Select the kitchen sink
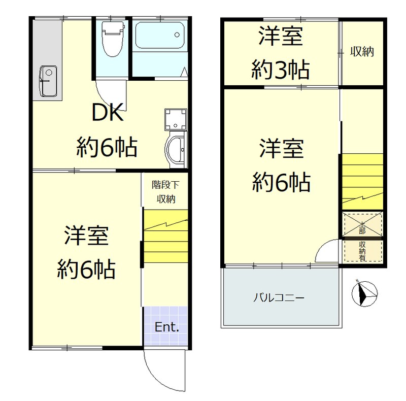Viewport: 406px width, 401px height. pyautogui.click(x=48, y=81)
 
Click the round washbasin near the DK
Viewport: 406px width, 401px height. pyautogui.click(x=177, y=149)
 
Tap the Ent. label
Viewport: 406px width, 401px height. pyautogui.click(x=167, y=327)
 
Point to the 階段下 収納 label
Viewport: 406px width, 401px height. pyautogui.click(x=165, y=192)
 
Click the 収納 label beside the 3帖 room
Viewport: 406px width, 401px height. pyautogui.click(x=362, y=51)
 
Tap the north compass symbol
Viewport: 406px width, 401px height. pyautogui.click(x=364, y=293)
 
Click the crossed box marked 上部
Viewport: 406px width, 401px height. pyautogui.click(x=362, y=224)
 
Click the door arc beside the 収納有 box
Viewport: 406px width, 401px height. pyautogui.click(x=327, y=252)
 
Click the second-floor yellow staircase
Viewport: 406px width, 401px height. pyautogui.click(x=362, y=180)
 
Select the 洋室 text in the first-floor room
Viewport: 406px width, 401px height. pyautogui.click(x=86, y=237)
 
